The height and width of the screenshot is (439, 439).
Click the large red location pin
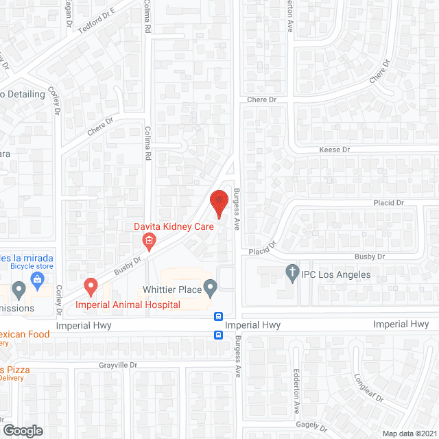pyautogui.click(x=219, y=203)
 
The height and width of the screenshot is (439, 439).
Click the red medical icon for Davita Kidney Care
pyautogui.click(x=147, y=240)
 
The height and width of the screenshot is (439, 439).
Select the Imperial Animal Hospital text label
pyautogui.click(x=128, y=305)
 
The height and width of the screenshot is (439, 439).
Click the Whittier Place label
pyautogui.click(x=172, y=289)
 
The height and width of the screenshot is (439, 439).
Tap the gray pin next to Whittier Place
pyautogui.click(x=211, y=286)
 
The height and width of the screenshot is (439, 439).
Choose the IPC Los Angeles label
pyautogui.click(x=336, y=274)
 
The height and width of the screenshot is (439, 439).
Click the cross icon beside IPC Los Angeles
pyautogui.click(x=292, y=272)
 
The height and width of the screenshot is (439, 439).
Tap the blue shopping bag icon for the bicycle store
pyautogui.click(x=37, y=279)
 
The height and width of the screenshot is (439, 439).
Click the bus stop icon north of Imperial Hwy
pyautogui.click(x=218, y=317)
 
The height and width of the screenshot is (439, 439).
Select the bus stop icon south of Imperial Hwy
pyautogui.click(x=218, y=335)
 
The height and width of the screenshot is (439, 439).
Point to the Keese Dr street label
pyautogui.click(x=334, y=150)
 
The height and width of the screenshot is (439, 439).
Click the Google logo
pyautogui.click(x=23, y=430)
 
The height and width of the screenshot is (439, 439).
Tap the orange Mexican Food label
pyautogui.click(x=29, y=335)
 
